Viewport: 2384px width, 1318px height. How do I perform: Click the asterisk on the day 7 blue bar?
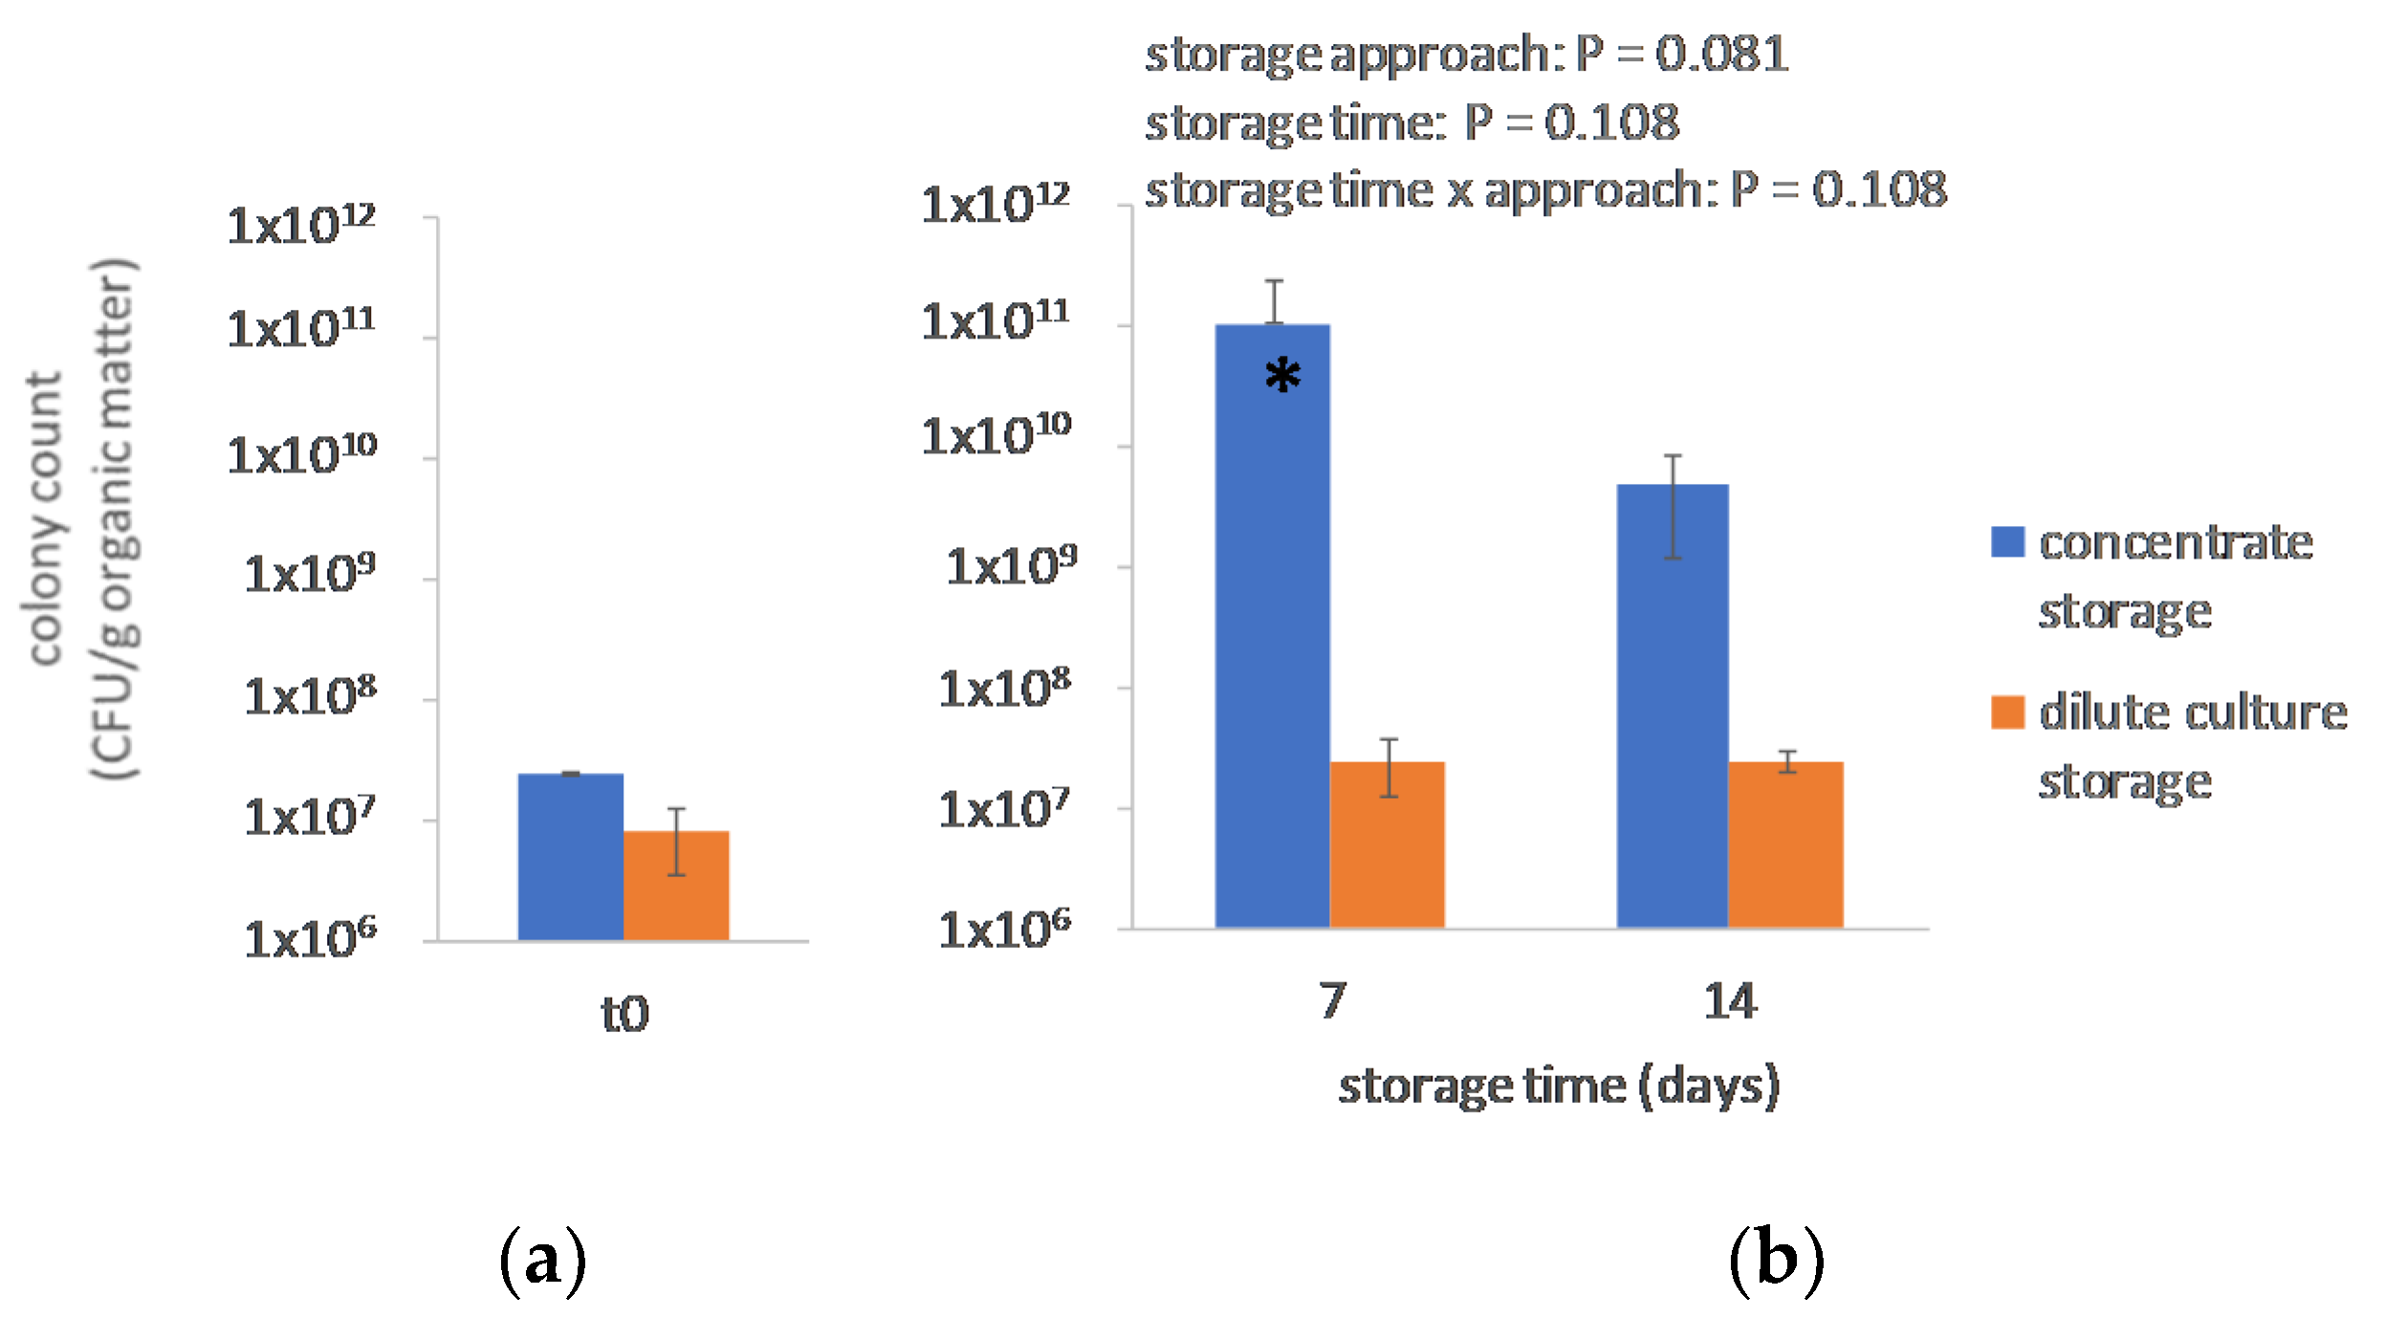click(x=1282, y=375)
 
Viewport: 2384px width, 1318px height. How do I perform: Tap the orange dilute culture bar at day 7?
click(x=1387, y=851)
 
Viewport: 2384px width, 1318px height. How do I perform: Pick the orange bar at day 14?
click(x=1785, y=851)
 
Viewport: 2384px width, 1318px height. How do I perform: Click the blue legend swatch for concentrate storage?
click(x=2007, y=541)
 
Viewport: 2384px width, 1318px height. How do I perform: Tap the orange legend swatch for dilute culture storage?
click(x=2007, y=712)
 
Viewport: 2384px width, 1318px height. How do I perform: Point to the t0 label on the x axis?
click(x=624, y=1014)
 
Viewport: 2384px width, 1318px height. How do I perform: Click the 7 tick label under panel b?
click(x=1332, y=1001)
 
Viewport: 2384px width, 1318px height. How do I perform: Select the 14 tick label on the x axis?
click(x=1730, y=1001)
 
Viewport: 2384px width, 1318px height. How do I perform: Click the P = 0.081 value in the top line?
click(x=1683, y=54)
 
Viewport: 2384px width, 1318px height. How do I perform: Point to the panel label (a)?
click(x=542, y=1261)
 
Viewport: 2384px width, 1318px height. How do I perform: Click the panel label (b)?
click(x=1776, y=1261)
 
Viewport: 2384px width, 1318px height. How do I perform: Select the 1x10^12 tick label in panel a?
click(x=301, y=226)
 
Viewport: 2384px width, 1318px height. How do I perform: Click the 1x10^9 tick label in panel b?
click(x=1011, y=566)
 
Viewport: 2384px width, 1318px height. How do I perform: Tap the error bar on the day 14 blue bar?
click(x=1673, y=507)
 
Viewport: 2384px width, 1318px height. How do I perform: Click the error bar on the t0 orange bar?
click(x=676, y=842)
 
